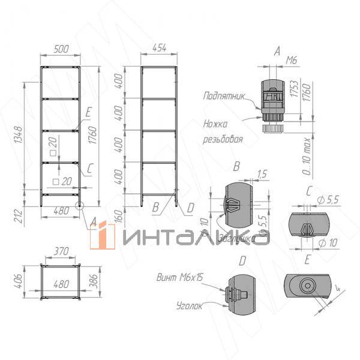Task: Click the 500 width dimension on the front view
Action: click(61, 50)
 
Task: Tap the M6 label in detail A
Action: click(291, 60)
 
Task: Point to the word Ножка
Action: click(215, 125)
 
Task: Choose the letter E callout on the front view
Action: click(88, 112)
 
